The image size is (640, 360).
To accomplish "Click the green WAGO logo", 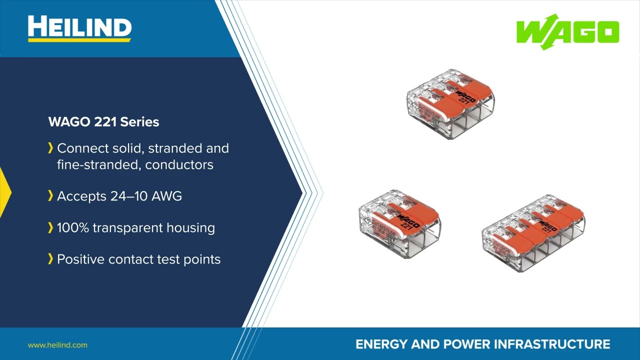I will (x=567, y=32).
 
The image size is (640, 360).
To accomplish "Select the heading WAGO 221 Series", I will (x=103, y=122).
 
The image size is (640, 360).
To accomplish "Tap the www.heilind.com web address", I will (x=57, y=345).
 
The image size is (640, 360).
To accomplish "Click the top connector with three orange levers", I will (x=450, y=103).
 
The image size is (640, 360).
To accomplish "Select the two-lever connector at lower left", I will (x=399, y=223).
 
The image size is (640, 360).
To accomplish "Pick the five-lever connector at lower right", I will (x=533, y=233).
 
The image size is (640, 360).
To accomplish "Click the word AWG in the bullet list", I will (x=166, y=196).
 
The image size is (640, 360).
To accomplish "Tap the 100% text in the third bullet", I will (x=72, y=228).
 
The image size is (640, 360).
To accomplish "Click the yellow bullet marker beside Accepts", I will (x=50, y=196).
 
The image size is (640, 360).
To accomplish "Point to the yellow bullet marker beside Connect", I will (x=50, y=148).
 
